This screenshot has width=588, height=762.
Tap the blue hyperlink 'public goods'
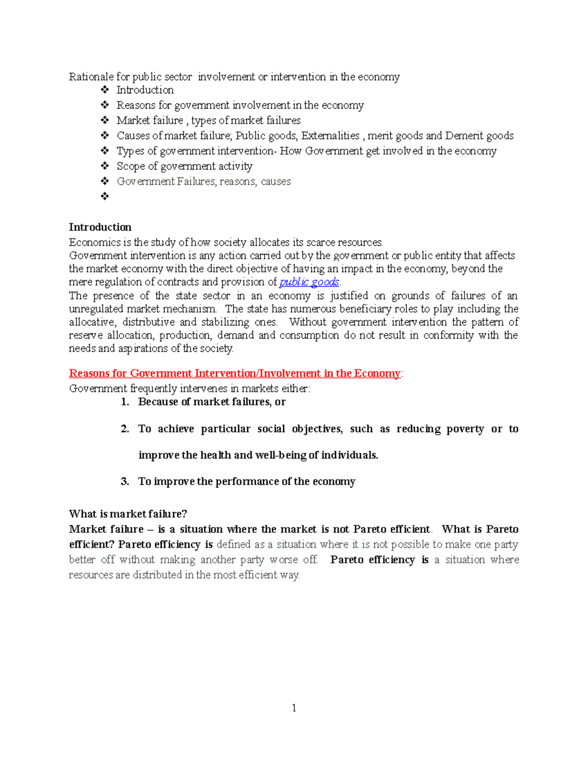point(309,282)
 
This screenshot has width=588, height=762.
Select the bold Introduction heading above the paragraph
point(100,227)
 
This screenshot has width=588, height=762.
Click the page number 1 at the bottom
point(294,708)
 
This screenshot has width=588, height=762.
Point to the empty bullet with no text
point(104,196)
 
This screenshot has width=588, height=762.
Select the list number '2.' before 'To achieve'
point(125,429)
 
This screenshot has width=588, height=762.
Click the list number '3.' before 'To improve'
point(125,481)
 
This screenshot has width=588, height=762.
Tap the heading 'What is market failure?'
point(128,514)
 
